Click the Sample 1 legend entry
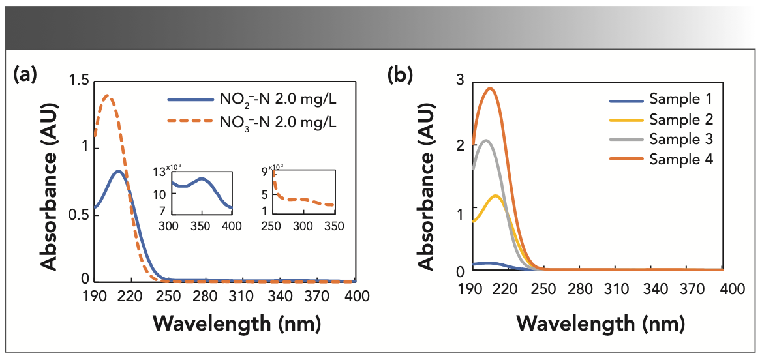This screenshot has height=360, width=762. [x=680, y=100]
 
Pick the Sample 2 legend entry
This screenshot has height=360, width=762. [x=680, y=119]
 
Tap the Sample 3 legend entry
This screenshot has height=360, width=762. [x=680, y=139]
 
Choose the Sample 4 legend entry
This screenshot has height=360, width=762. [x=680, y=158]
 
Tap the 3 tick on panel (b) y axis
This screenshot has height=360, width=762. [x=460, y=80]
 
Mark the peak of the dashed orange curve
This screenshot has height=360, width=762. [x=108, y=96]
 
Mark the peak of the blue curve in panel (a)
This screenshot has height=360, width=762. [x=118, y=171]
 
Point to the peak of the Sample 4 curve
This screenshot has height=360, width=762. [x=490, y=88]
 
